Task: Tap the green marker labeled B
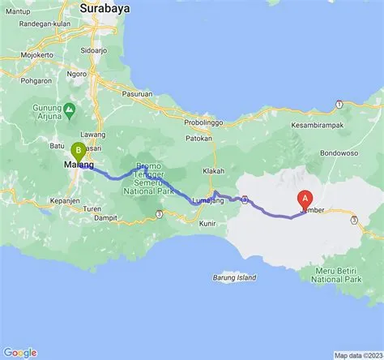tap(79, 151)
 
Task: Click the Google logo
tap(20, 352)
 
